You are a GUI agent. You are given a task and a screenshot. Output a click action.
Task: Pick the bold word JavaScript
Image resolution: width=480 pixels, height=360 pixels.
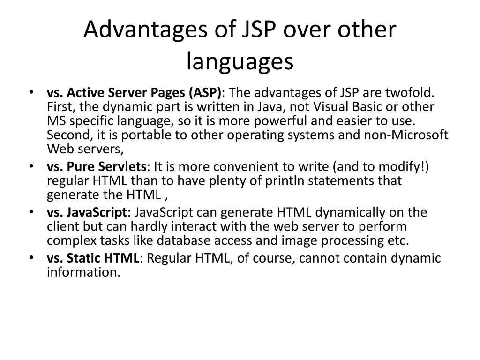97,212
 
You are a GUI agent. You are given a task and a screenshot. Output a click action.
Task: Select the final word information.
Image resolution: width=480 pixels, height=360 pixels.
83,272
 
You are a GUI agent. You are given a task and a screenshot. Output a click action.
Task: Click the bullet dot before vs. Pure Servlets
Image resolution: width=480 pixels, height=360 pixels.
30,166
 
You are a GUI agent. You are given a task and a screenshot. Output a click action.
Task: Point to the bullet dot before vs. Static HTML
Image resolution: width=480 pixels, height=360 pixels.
30,257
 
